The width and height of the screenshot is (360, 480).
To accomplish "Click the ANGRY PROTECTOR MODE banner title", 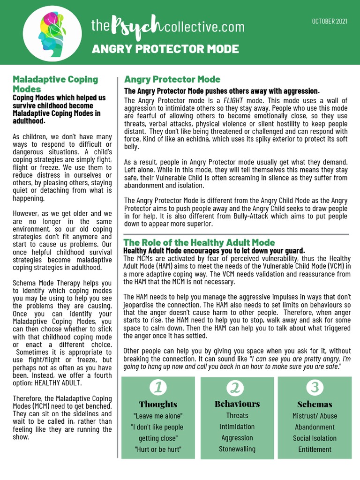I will (165, 49).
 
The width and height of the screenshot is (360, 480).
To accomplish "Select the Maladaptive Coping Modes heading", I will (55, 84).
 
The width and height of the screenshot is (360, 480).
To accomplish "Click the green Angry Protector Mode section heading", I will (172, 79).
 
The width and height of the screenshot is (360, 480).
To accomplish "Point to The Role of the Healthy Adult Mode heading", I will (199, 242).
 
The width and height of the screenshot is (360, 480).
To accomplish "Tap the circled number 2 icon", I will (237, 388).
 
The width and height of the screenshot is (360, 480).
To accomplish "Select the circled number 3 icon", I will (315, 388).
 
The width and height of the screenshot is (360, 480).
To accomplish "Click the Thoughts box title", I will (158, 404).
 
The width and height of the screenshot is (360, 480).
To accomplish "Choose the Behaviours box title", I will (237, 404).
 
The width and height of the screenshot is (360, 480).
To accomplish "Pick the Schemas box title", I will (315, 404).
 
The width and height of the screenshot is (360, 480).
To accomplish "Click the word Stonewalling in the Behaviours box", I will (237, 449).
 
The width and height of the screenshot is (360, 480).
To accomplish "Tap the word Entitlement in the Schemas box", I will (315, 449).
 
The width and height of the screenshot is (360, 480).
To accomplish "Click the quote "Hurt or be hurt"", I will (158, 449).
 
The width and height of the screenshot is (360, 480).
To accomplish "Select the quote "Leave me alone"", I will (158, 416).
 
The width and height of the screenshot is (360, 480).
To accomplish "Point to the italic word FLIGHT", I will (233, 101).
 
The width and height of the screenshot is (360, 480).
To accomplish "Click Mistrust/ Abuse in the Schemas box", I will (315, 416).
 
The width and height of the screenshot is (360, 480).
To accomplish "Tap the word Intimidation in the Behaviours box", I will (237, 427).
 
